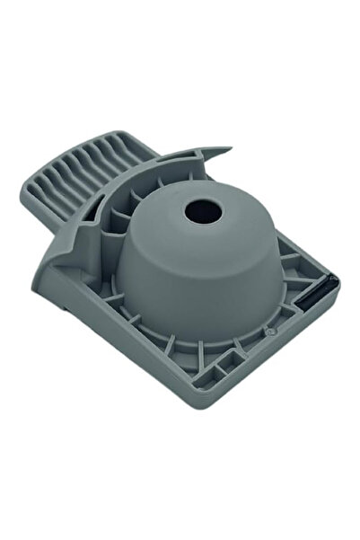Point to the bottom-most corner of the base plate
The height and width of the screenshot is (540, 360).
point(221,395)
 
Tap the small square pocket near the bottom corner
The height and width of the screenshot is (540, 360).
point(219,369)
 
